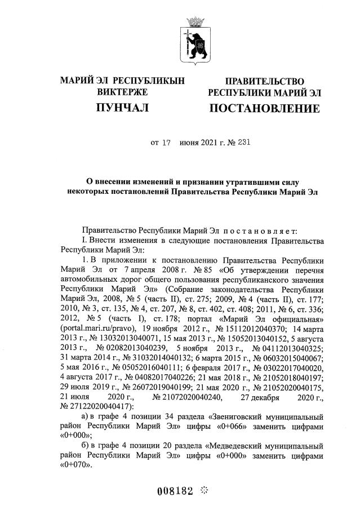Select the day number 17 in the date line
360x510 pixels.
click(166, 143)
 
